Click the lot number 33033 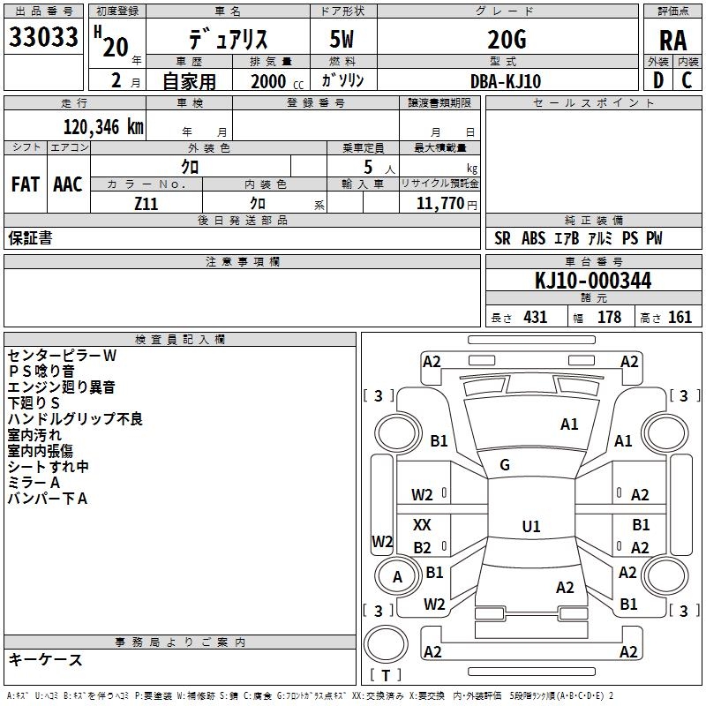coord(43,38)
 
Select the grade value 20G coord(506,39)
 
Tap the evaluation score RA coord(672,41)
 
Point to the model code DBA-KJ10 coord(506,81)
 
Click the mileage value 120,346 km coord(103,126)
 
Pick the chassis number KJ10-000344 coord(593,281)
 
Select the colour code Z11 coord(146,202)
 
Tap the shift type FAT coord(26,184)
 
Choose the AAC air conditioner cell coord(68,184)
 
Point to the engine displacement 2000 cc coord(274,81)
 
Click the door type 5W coord(343,39)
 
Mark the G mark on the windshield coord(505,465)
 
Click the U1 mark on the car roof coord(530,527)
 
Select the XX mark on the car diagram coord(423,525)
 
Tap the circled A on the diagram coord(397,577)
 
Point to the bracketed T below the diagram coord(385,676)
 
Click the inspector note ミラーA coord(34,483)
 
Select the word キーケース coord(45,659)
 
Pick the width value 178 coord(609,318)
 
